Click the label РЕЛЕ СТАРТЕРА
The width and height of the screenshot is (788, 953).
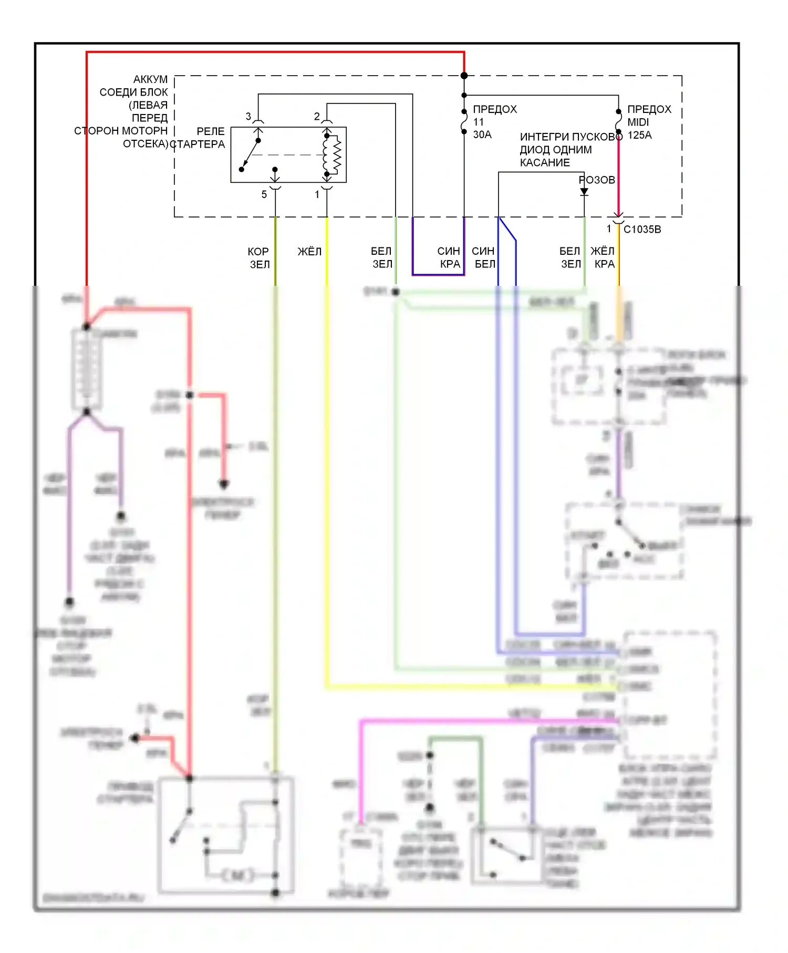point(198,138)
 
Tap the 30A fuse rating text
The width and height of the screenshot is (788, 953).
point(482,135)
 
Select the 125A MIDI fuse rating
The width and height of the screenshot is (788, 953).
point(639,135)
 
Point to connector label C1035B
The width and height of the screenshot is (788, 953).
point(642,230)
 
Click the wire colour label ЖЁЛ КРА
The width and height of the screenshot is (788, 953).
point(603,257)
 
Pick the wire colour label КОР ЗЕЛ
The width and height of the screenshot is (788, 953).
point(258,258)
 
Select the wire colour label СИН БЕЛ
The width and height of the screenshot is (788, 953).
point(483,257)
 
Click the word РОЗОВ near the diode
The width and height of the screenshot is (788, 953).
point(597,180)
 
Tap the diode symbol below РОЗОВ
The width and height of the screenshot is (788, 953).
point(584,192)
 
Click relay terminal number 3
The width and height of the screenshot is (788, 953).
point(248,117)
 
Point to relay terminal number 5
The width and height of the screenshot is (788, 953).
point(264,194)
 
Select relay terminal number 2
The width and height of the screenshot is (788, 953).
point(317,117)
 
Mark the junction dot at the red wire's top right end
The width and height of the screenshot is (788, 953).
point(464,76)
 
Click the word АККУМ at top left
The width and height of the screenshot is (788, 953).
point(150,79)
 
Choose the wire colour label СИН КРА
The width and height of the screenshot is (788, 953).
point(449,257)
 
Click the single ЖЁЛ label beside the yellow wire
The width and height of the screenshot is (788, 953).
point(309,252)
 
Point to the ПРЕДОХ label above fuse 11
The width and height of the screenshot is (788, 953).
point(495,109)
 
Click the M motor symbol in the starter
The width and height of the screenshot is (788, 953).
point(237,875)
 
